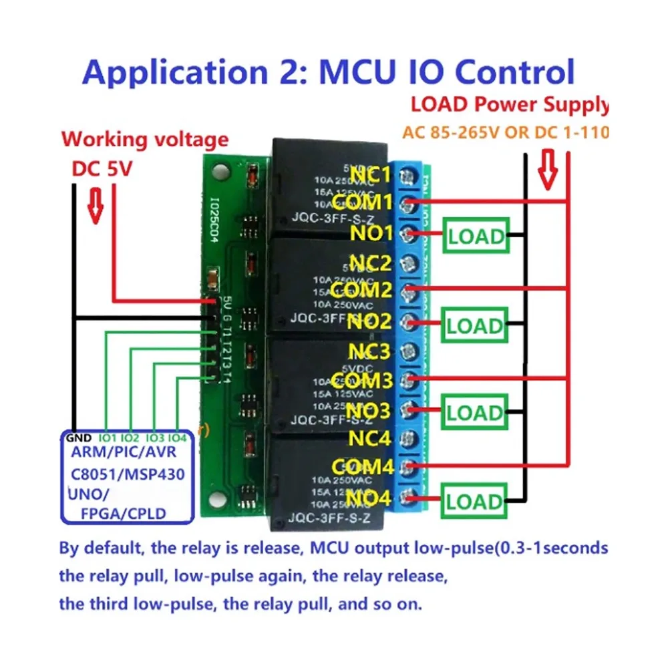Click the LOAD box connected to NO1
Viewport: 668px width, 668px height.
[476, 236]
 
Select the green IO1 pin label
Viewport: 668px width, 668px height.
[107, 438]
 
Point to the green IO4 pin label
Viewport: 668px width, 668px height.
[176, 438]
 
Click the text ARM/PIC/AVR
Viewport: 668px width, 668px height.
[125, 455]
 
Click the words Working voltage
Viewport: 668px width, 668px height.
[145, 140]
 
